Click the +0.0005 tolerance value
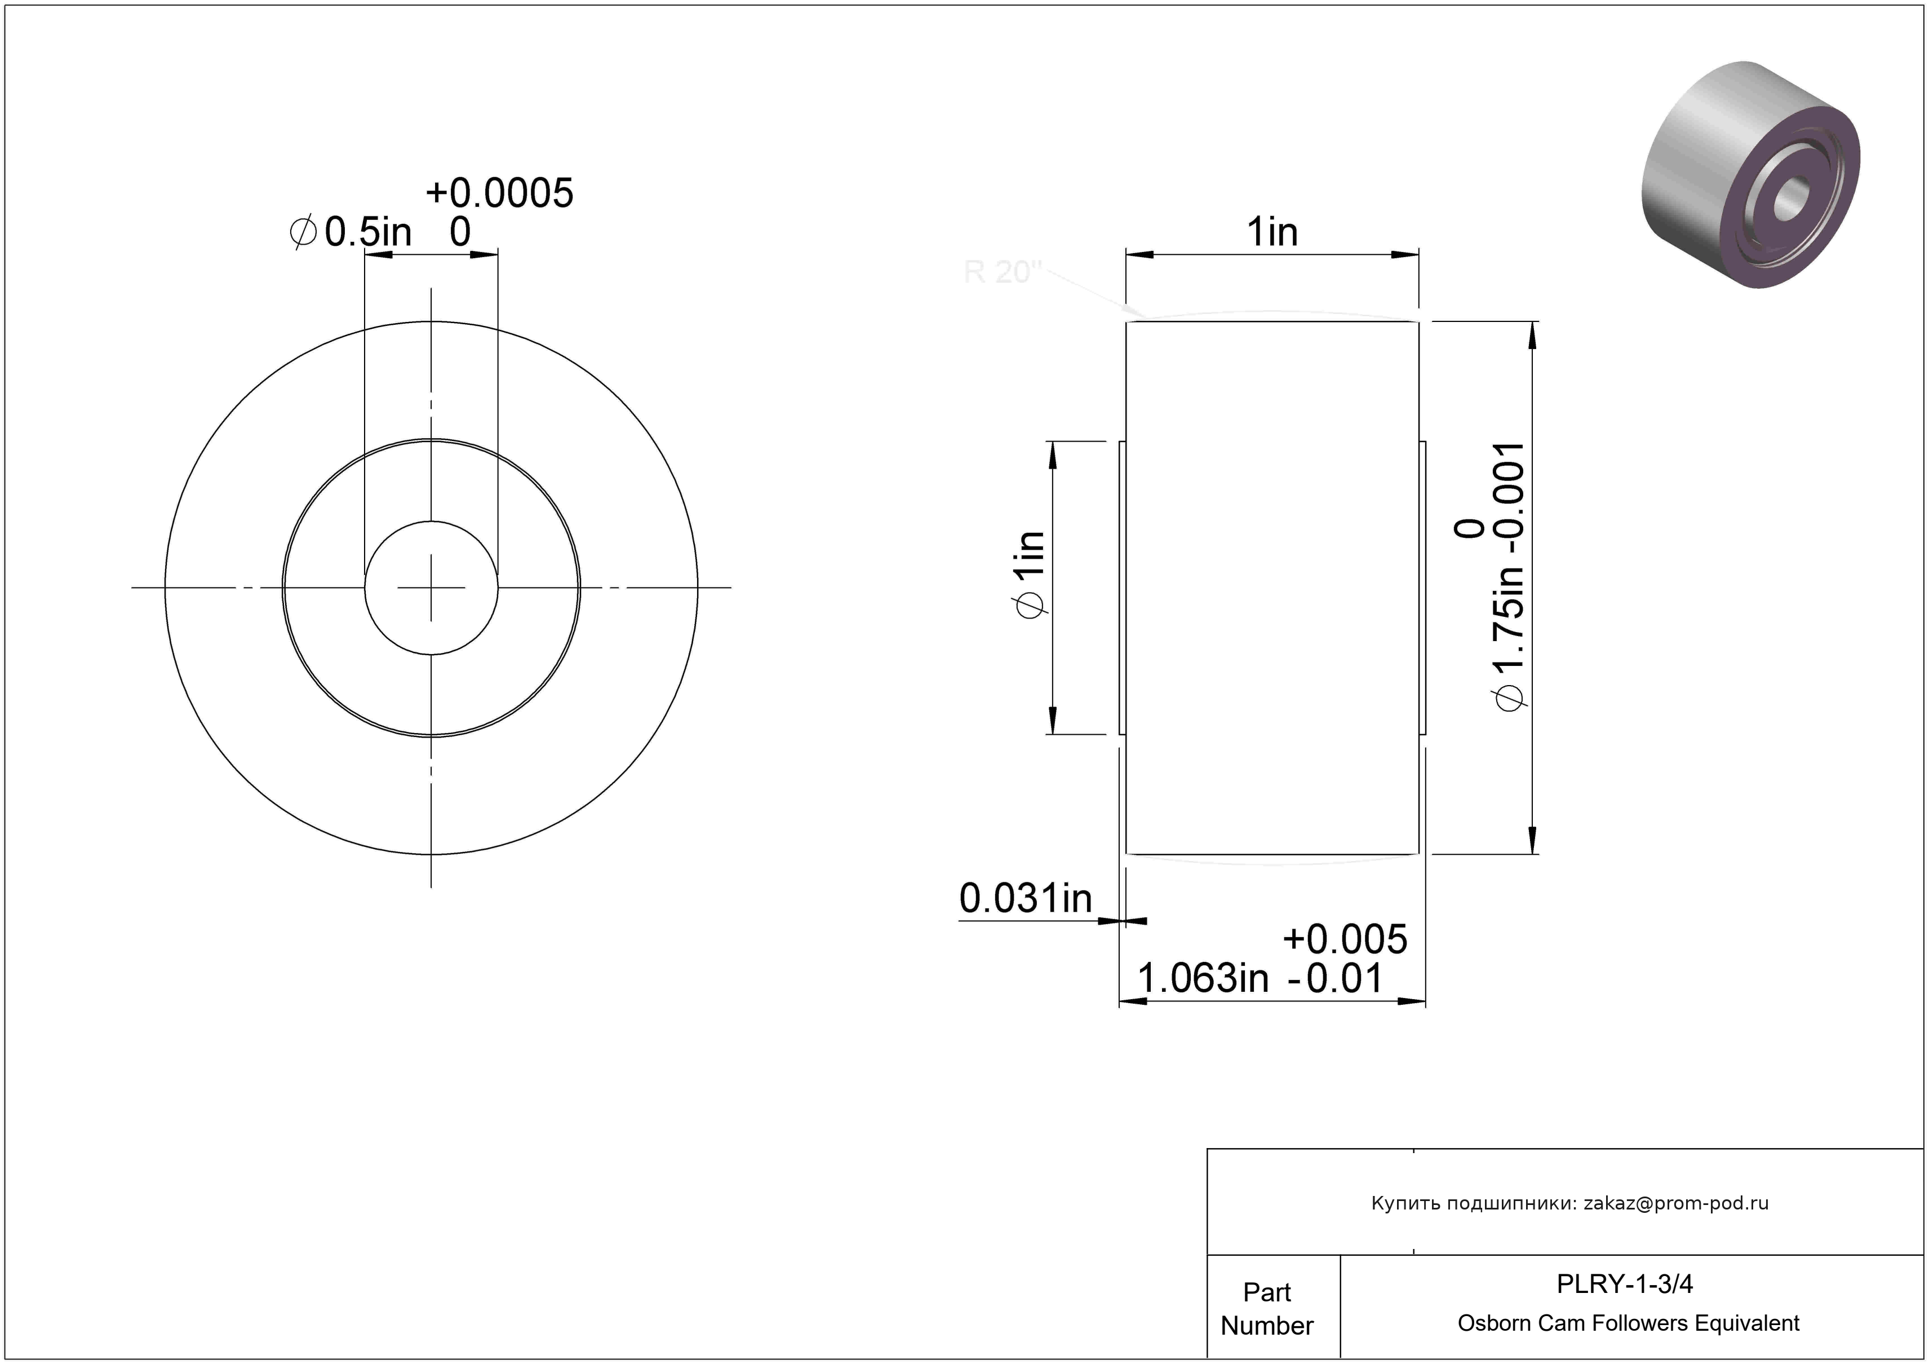(499, 193)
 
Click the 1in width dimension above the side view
(1272, 232)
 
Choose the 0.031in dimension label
(1025, 898)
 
